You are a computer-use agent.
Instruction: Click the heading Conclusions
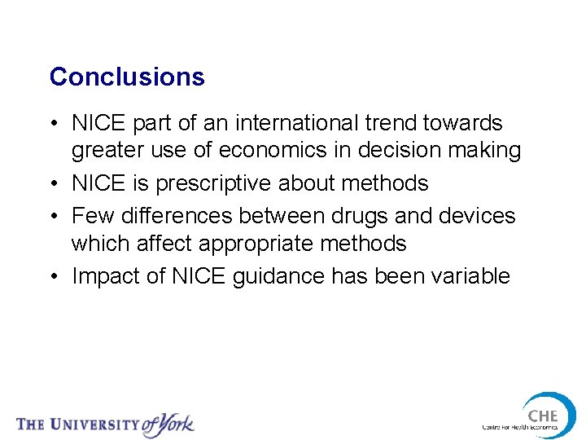[x=127, y=77]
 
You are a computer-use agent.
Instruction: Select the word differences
[x=186, y=216]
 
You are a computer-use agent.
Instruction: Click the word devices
[x=478, y=216]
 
